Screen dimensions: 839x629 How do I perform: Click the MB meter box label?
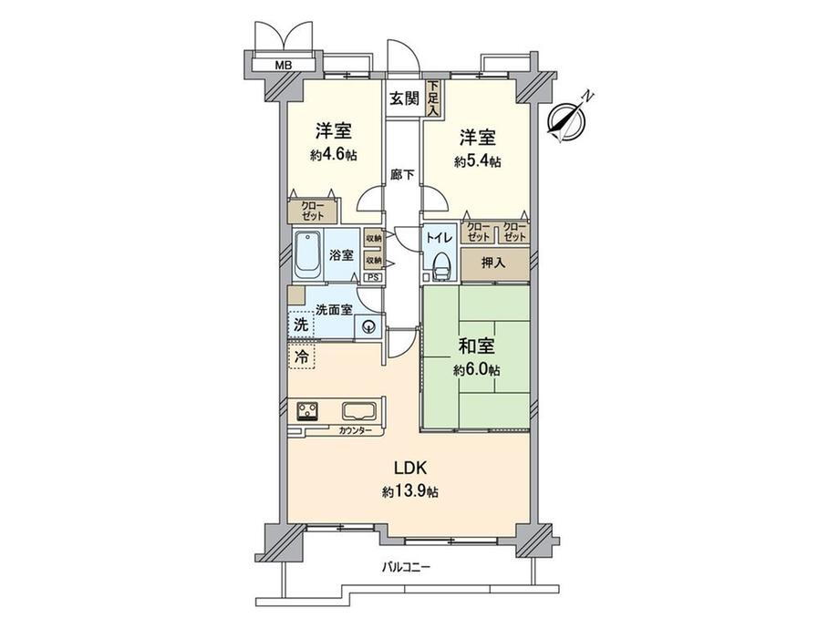283,66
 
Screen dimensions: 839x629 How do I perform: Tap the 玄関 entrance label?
404,98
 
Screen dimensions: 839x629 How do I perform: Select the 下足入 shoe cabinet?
432,98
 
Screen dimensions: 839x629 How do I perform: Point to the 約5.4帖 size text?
477,161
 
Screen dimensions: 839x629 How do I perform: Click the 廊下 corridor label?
402,174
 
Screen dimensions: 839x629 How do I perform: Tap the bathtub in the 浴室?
307,255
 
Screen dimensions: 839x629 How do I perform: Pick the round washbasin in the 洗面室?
368,326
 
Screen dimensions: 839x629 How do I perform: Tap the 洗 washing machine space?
301,325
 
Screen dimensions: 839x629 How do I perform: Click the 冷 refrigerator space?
302,356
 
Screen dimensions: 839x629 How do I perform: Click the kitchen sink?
360,411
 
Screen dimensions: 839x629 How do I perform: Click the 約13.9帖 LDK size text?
410,491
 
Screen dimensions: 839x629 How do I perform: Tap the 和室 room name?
476,346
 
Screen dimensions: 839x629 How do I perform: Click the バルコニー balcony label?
406,568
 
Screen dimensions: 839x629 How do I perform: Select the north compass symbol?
568,119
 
